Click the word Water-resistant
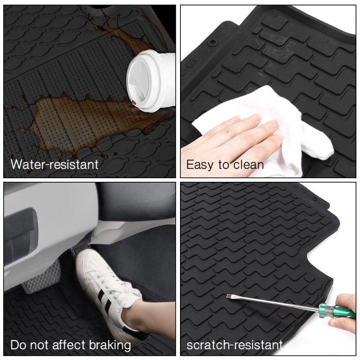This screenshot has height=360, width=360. (x=54, y=164)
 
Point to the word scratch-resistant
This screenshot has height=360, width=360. (x=234, y=345)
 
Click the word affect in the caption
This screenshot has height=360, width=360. (x=69, y=345)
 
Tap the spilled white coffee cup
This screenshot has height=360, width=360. (x=150, y=81)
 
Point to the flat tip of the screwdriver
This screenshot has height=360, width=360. (x=228, y=297)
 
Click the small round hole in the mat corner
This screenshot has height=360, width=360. (x=213, y=42)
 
